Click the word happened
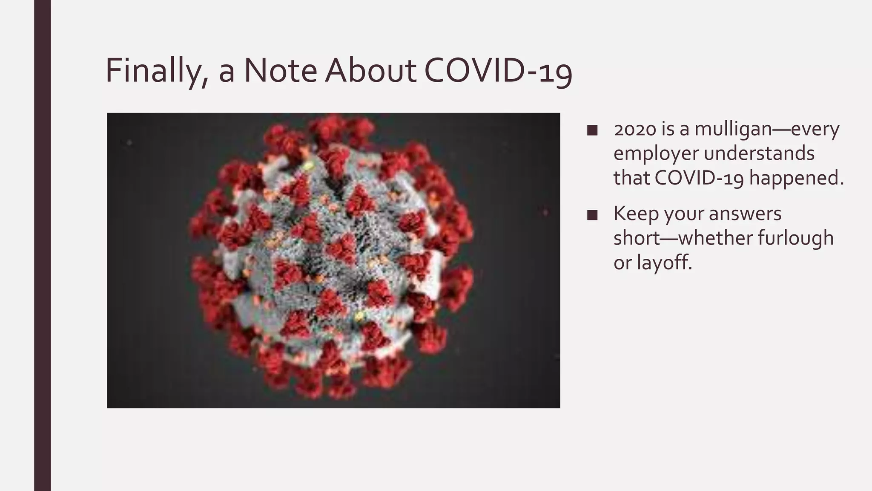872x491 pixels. [x=796, y=179]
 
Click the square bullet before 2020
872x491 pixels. [x=592, y=130]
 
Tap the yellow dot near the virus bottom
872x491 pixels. [x=359, y=316]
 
